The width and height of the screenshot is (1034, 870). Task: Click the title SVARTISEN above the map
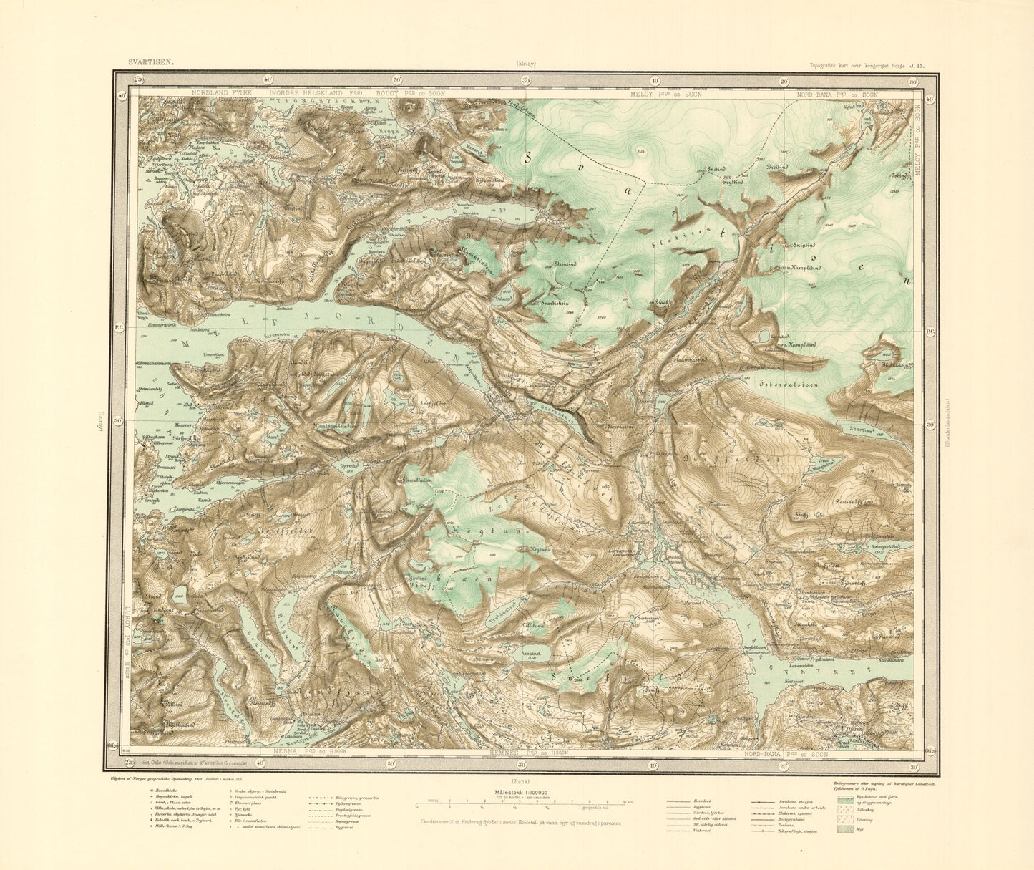click(149, 63)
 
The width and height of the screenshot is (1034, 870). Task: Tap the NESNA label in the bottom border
click(288, 753)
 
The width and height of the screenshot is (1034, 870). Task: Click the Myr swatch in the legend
click(844, 829)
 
